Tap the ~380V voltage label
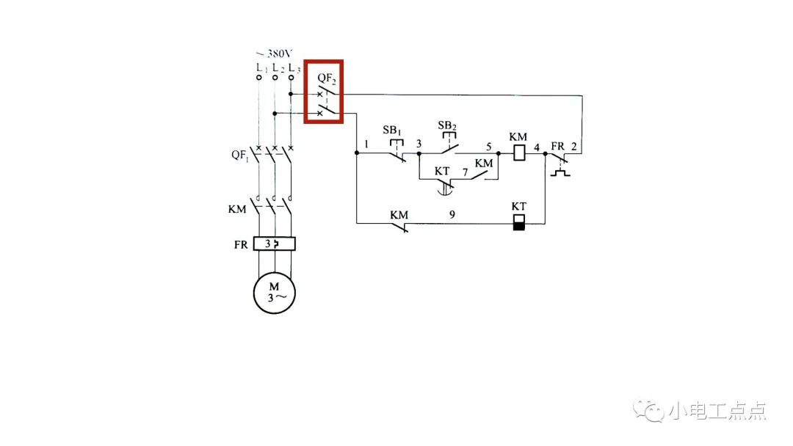275,54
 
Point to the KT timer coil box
519,222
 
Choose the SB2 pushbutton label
447,125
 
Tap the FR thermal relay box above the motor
274,244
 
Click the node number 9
452,215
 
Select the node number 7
465,172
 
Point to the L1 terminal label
259,67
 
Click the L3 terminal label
293,67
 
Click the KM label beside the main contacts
237,209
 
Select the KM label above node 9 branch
399,214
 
